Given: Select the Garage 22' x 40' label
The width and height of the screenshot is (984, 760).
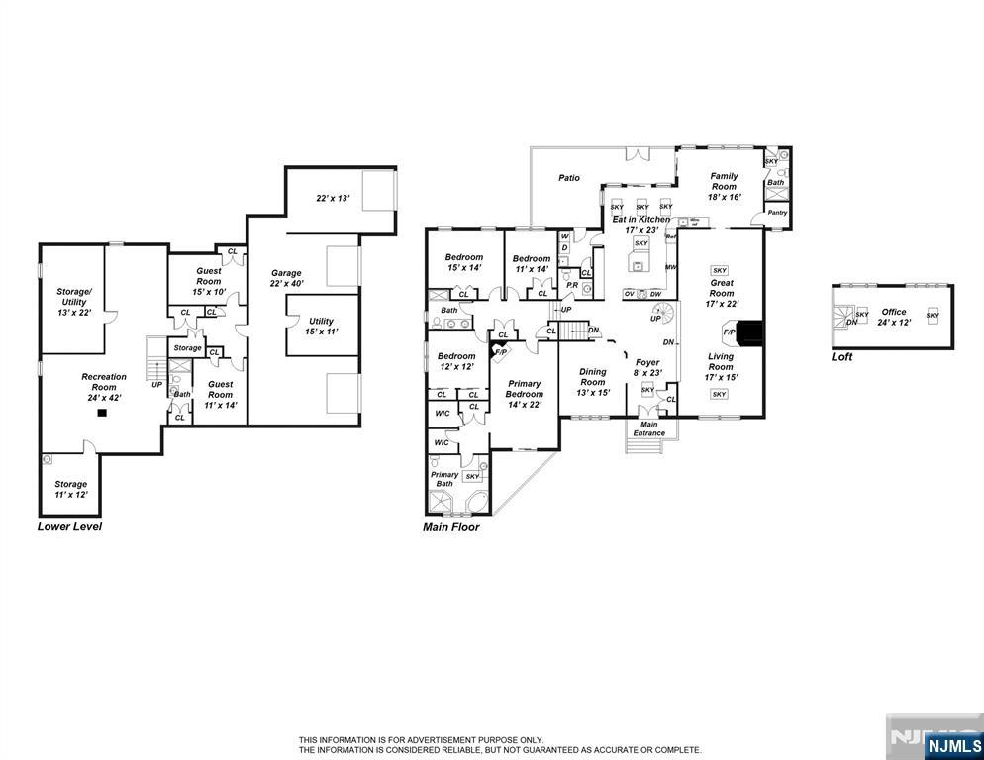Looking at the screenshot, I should [286, 278].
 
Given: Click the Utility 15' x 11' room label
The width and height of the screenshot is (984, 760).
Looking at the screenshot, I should [321, 327].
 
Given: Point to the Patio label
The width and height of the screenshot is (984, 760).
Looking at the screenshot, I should [568, 178].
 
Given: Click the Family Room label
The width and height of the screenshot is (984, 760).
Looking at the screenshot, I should [724, 186].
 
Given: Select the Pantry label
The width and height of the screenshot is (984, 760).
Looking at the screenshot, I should [777, 212].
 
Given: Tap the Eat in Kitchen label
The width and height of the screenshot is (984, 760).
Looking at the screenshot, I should [640, 224].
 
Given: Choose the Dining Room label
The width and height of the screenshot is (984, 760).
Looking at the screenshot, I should [593, 381].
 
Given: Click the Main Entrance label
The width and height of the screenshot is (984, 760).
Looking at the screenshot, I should [649, 428].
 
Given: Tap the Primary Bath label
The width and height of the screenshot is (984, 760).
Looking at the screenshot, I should [444, 479].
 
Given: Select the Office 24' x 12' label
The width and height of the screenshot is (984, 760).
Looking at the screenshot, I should [893, 317].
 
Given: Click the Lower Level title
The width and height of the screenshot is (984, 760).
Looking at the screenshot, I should [69, 526].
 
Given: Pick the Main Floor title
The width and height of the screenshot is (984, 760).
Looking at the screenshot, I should [450, 527].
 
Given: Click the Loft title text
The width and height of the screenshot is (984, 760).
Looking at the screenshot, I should [841, 357].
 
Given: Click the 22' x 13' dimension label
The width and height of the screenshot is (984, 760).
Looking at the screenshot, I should [333, 198].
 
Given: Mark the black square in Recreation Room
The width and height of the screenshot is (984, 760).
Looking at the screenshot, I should [100, 416].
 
